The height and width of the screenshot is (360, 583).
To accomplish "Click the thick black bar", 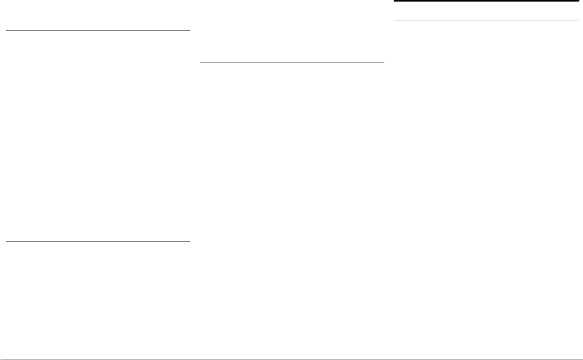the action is click(x=485, y=2).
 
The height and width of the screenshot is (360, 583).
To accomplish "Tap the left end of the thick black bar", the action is click(x=394, y=2).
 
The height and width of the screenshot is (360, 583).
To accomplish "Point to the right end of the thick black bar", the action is click(x=578, y=2).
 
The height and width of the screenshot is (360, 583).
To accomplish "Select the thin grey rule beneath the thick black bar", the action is click(x=485, y=20).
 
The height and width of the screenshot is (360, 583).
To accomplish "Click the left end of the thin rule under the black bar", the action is click(x=394, y=20).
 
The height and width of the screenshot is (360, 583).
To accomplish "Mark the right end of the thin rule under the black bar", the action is click(x=578, y=20).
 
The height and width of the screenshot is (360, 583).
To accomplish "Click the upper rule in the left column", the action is click(x=98, y=30).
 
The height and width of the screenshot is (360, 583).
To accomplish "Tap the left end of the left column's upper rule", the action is click(x=6, y=30).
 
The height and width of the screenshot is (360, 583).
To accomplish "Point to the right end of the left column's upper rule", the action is click(x=190, y=30).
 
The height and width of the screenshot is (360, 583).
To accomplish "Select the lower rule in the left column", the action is click(x=98, y=242).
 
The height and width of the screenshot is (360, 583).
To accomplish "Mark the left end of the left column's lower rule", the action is click(x=6, y=242).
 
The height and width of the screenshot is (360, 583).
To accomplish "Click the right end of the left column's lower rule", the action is click(x=190, y=242).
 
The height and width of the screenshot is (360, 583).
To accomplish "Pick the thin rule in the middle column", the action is click(x=292, y=63).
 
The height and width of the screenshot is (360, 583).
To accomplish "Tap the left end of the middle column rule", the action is click(x=200, y=63).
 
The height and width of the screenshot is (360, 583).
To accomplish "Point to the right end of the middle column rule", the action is click(x=384, y=63).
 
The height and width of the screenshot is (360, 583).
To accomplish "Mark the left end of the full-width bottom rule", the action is click(x=1, y=359).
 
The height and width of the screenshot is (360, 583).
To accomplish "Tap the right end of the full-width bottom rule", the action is click(x=582, y=359).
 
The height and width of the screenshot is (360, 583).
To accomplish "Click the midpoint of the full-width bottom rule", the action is click(x=291, y=359).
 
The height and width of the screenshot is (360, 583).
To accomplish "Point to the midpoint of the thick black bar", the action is click(x=486, y=2).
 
